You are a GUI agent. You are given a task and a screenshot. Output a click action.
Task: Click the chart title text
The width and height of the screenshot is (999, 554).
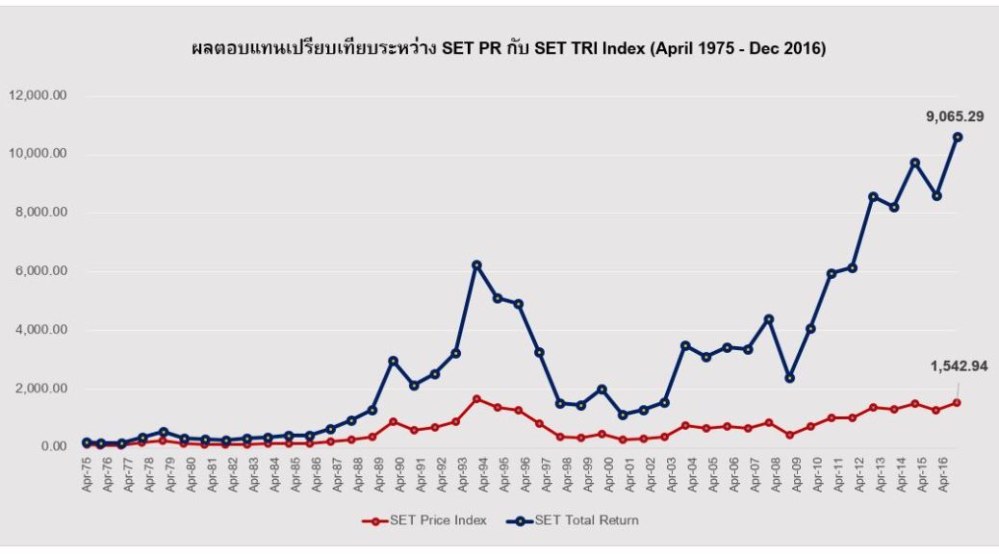coord(509,49)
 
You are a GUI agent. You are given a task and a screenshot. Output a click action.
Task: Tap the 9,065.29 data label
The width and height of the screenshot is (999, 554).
coord(955,116)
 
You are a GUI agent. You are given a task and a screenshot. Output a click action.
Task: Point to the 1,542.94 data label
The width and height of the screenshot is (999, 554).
coord(959,365)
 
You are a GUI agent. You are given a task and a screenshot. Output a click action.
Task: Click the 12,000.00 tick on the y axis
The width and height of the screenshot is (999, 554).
coord(38,95)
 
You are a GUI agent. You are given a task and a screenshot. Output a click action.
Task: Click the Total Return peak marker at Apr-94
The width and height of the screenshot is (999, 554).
coord(476,264)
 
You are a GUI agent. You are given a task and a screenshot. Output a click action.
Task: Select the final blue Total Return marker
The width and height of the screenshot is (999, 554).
coord(957,137)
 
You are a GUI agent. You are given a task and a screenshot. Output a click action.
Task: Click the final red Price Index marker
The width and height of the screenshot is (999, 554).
coord(957,402)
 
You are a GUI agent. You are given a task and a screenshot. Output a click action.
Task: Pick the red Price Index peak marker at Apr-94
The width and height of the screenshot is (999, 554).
coord(476,398)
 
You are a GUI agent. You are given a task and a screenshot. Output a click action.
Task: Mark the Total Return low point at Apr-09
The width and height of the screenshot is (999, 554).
coord(789,378)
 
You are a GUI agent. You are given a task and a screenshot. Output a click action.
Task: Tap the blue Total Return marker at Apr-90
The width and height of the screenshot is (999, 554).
coord(393,361)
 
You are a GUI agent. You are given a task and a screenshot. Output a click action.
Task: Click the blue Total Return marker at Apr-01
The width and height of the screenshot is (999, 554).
coord(623,415)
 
